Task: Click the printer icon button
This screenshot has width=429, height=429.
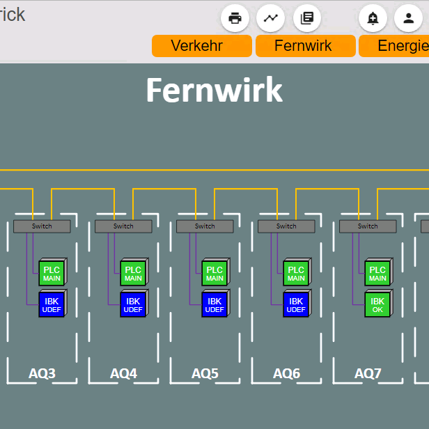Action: click(235, 18)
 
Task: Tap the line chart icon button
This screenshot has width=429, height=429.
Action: click(270, 18)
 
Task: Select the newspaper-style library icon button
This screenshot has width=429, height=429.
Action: click(307, 18)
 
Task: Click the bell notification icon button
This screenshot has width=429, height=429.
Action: click(373, 18)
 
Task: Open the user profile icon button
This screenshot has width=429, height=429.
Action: click(408, 18)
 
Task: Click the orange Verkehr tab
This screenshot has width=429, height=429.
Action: click(202, 46)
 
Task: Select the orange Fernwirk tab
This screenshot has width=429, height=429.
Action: click(306, 46)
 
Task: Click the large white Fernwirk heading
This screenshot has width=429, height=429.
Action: click(214, 90)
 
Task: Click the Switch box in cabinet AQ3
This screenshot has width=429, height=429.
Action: click(42, 226)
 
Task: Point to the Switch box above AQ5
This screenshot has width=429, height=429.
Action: click(205, 226)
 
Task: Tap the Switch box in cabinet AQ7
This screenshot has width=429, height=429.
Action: click(368, 226)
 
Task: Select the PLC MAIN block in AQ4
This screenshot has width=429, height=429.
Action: click(134, 272)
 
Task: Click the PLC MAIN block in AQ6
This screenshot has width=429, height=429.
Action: click(297, 272)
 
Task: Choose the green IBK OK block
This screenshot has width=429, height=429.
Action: click(379, 303)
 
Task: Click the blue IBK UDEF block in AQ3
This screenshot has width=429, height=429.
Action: click(53, 303)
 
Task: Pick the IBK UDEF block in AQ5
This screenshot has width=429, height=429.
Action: click(216, 303)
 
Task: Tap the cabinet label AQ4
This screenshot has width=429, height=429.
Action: click(123, 373)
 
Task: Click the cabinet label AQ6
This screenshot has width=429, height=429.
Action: click(286, 373)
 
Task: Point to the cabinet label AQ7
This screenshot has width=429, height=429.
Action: click(368, 373)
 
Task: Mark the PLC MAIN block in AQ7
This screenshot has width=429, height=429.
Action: click(379, 272)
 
